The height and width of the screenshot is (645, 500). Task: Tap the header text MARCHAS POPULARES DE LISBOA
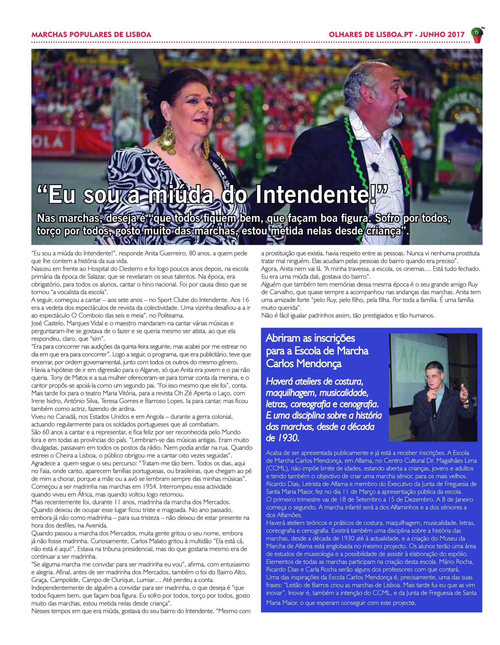click(91, 34)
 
